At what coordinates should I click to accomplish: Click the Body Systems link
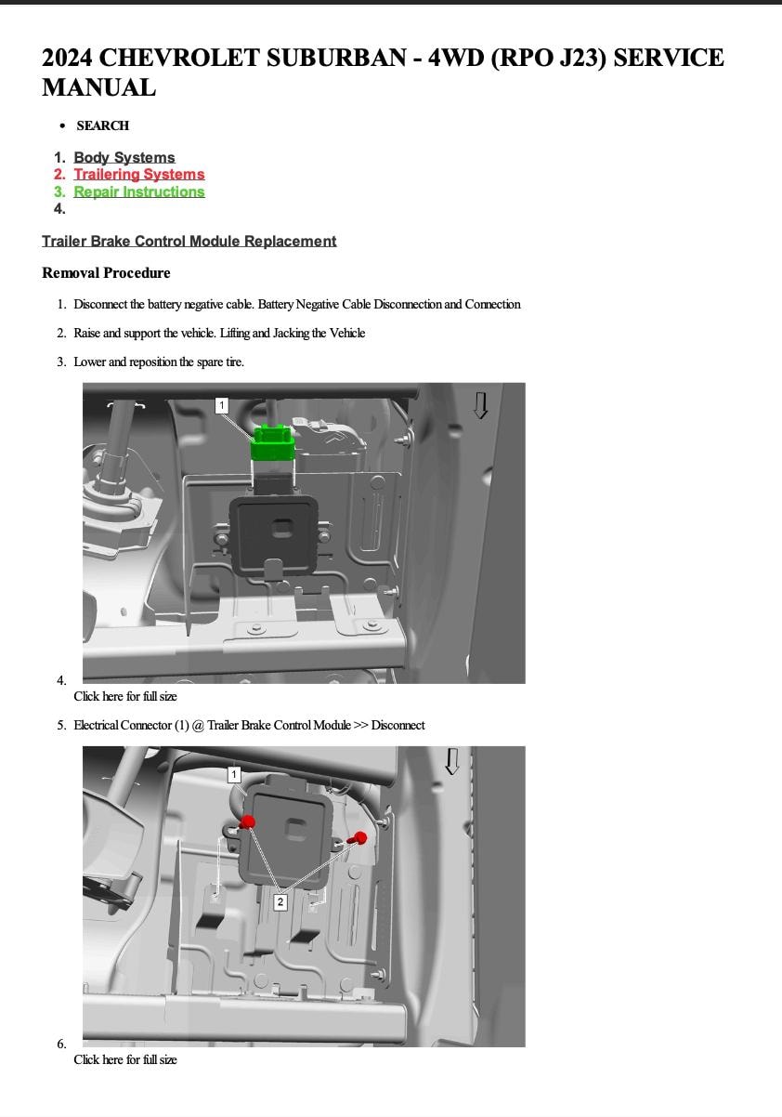124,158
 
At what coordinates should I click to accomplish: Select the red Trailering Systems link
138,175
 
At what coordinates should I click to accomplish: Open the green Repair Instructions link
138,192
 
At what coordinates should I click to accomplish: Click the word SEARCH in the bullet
102,125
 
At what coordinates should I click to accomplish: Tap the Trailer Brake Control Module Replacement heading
189,242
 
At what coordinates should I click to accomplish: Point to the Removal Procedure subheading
106,273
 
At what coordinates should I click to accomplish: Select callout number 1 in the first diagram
221,405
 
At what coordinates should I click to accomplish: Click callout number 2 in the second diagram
280,901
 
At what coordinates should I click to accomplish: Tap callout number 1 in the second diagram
234,774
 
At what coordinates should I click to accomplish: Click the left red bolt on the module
248,821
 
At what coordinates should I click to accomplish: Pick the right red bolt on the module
360,838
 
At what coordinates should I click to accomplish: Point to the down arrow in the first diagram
480,405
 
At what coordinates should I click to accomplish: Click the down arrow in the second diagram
452,761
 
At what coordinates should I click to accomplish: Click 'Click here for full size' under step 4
125,696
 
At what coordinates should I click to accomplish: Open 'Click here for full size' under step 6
125,1059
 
